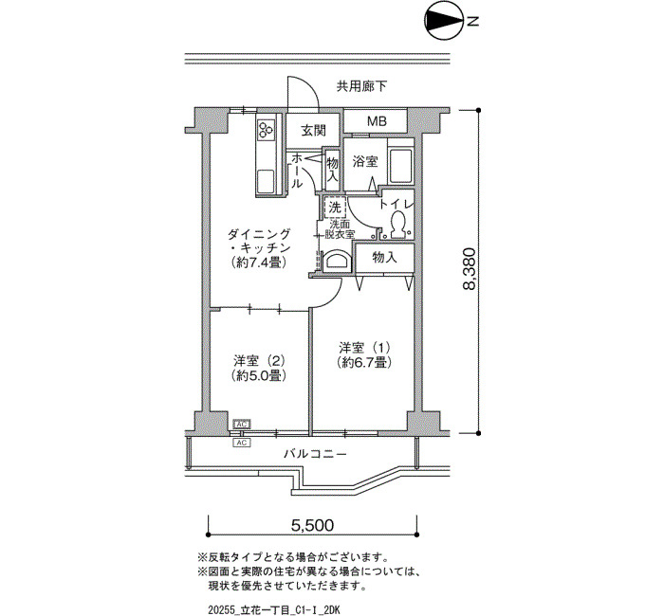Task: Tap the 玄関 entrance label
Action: (313, 131)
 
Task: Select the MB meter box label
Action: (377, 122)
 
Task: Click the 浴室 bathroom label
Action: (365, 161)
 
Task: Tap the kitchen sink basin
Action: (266, 181)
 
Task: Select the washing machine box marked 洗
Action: (336, 208)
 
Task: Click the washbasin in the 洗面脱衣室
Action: (337, 262)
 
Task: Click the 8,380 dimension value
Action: (470, 269)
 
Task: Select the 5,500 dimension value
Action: (312, 525)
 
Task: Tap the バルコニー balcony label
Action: (315, 454)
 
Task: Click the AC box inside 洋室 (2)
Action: (242, 424)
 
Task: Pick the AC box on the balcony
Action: (242, 443)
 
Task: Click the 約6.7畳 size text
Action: (364, 362)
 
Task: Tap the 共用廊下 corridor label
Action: (361, 86)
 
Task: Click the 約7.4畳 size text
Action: (259, 263)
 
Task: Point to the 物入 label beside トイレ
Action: (384, 257)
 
